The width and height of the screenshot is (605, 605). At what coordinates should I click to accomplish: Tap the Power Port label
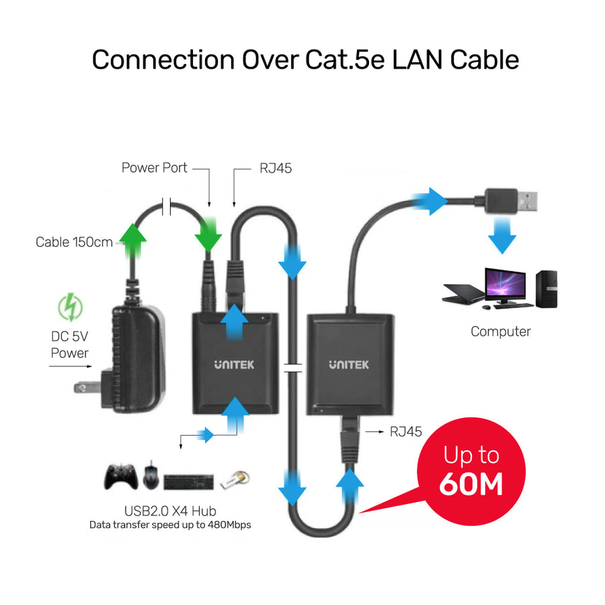click(x=154, y=167)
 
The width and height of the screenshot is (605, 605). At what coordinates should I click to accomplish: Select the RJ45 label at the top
click(x=276, y=168)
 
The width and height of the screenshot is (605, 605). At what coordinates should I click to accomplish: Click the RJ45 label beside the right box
click(x=406, y=432)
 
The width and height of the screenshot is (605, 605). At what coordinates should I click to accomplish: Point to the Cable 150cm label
click(x=74, y=242)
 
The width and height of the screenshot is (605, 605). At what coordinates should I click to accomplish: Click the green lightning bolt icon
click(x=69, y=308)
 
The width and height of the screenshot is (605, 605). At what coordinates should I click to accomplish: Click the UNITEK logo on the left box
click(x=234, y=365)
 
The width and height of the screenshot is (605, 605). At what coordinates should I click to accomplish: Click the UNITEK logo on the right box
click(x=349, y=365)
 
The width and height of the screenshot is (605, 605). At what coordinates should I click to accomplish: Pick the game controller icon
click(x=121, y=477)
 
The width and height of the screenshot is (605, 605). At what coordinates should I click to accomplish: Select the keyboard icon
click(x=188, y=481)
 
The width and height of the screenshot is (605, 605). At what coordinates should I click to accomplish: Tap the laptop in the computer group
click(x=463, y=293)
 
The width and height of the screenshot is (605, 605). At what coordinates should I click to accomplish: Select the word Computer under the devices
click(x=500, y=331)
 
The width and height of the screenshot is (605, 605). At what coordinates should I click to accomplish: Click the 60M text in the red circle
click(x=471, y=484)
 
